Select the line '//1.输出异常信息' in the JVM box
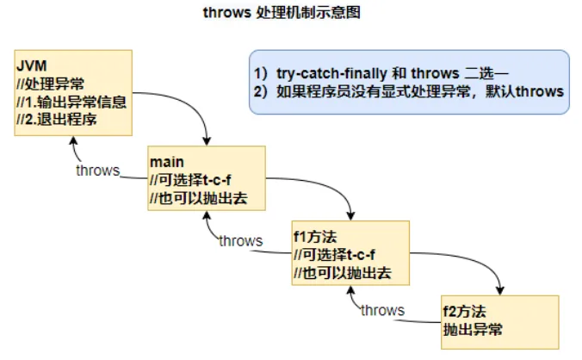(x=71, y=102)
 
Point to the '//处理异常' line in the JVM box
(x=48, y=84)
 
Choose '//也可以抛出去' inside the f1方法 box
(x=343, y=273)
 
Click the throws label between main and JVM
(x=97, y=170)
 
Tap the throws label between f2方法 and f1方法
(x=382, y=310)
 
